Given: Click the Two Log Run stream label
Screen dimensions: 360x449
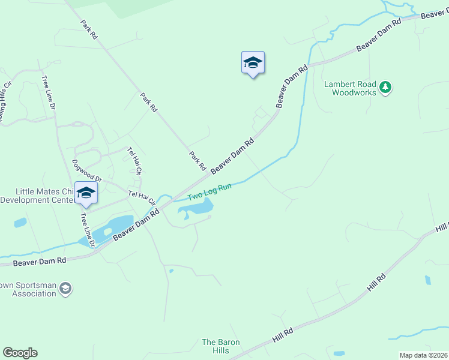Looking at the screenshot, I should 209,192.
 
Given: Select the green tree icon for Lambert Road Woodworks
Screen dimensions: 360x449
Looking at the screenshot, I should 385,88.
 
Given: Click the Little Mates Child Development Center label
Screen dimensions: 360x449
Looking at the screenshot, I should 36,196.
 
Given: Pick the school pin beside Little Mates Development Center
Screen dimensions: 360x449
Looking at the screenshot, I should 86,193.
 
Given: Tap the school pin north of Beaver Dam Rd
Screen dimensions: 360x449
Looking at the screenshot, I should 253,63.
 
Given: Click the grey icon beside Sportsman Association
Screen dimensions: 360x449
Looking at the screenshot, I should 65,290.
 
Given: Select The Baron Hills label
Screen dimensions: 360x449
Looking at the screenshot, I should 220,346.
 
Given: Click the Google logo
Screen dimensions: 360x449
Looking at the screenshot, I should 20,353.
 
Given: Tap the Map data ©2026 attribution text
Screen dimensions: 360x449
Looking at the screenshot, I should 423,355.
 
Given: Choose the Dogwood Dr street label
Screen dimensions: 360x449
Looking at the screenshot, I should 87,171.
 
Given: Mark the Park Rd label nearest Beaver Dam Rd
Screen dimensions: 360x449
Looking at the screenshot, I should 197,160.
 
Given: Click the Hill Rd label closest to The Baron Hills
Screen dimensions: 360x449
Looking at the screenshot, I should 282,335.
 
